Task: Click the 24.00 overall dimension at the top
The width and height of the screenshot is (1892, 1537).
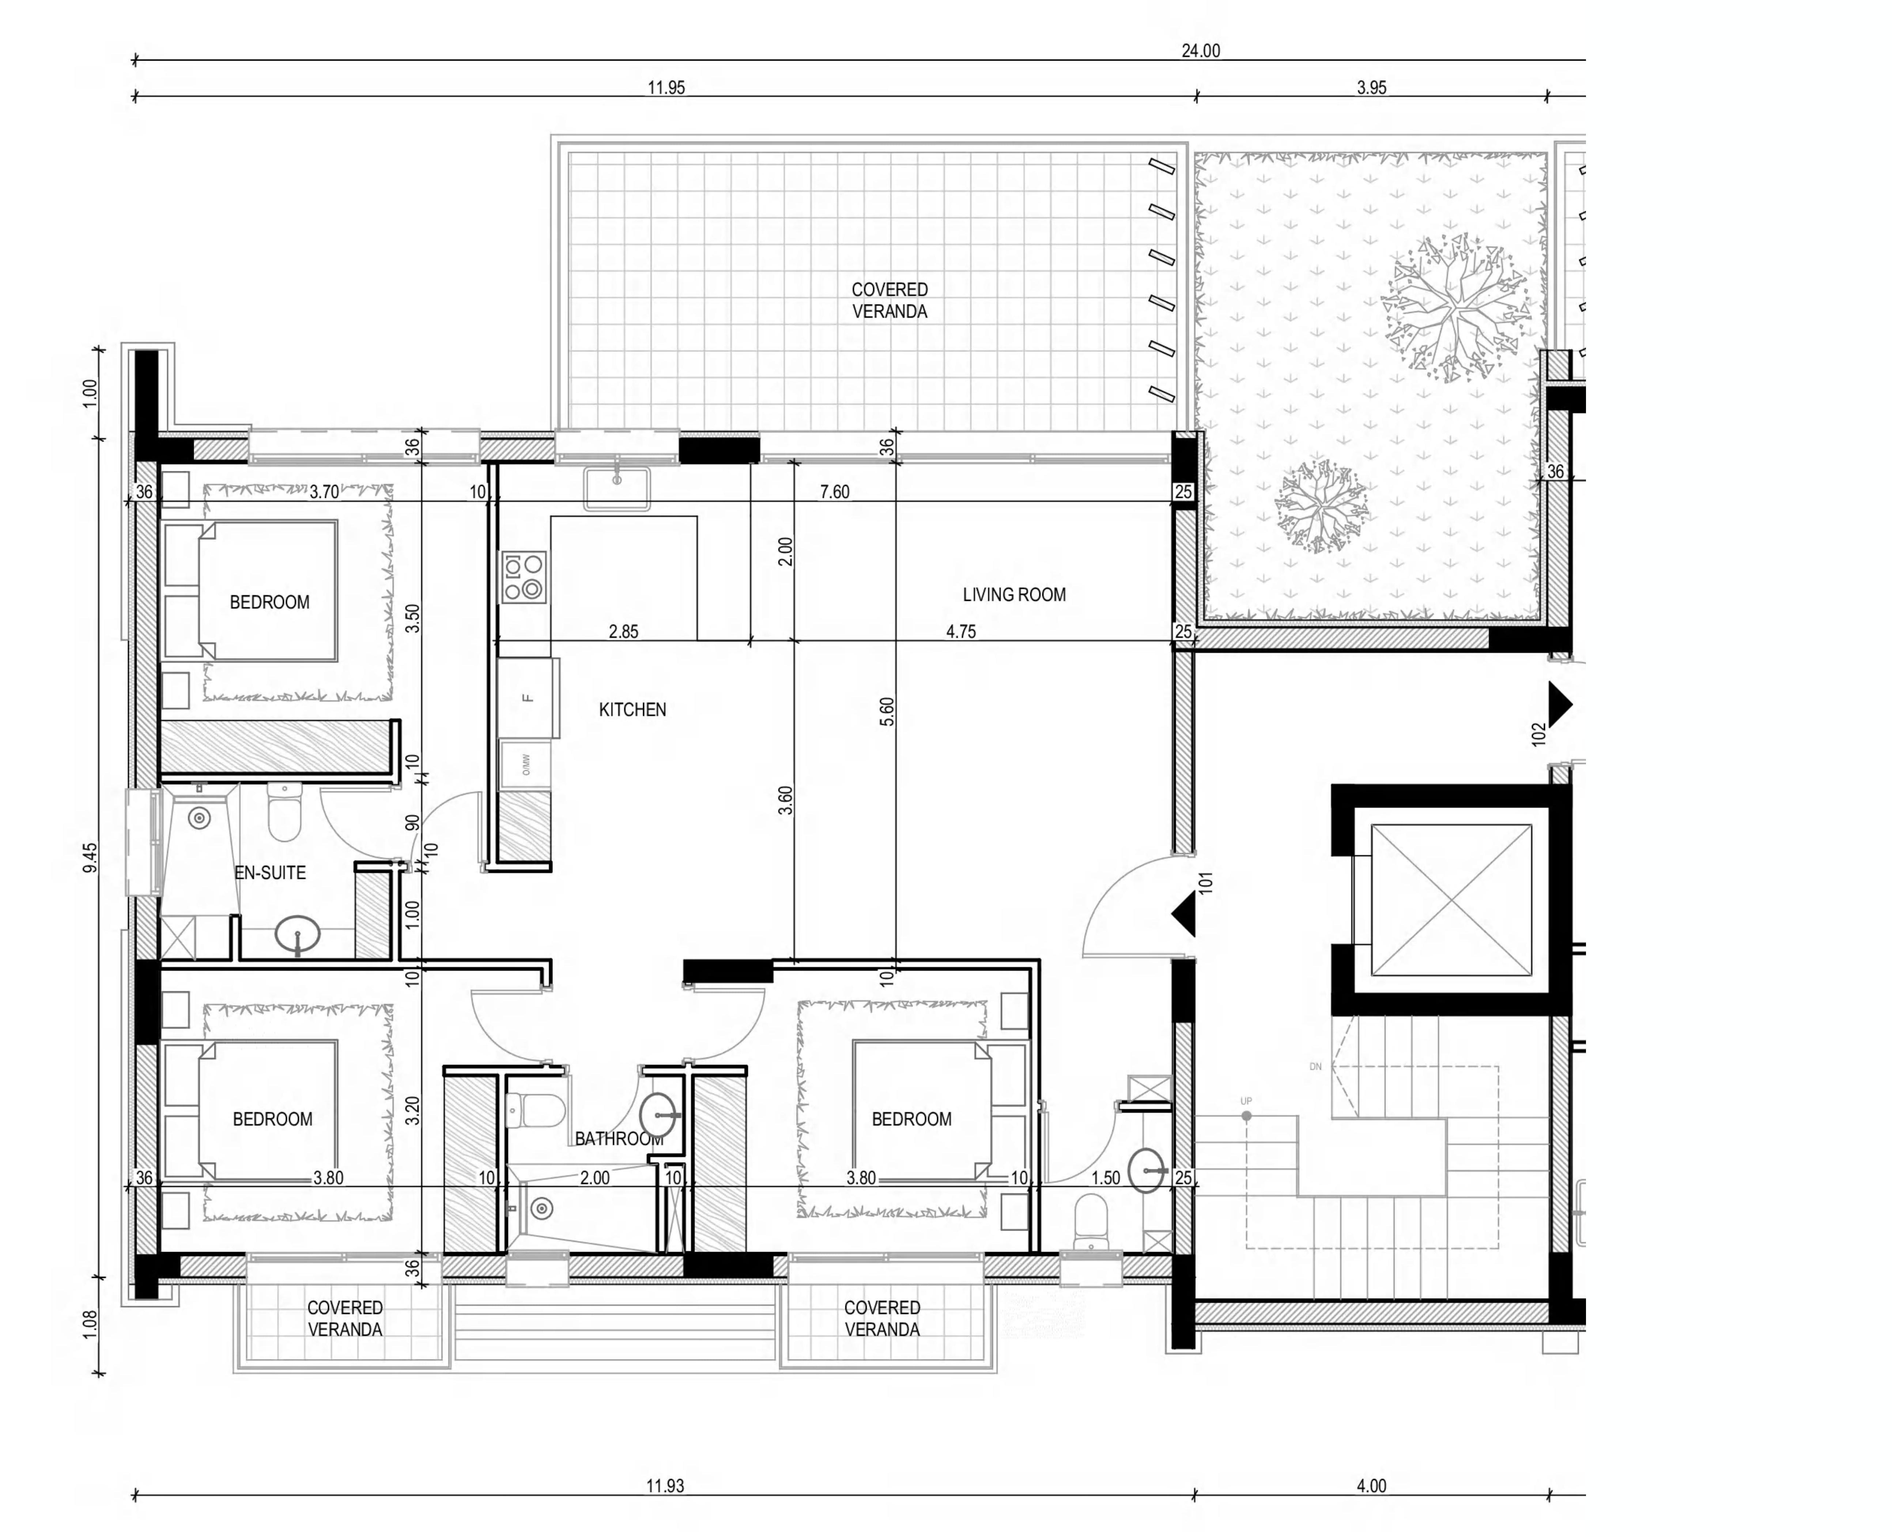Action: (x=1200, y=50)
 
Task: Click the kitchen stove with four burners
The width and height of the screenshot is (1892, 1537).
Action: (x=524, y=577)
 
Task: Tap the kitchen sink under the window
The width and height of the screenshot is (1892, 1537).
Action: (x=616, y=489)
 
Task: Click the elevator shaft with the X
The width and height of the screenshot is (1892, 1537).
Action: (x=1451, y=899)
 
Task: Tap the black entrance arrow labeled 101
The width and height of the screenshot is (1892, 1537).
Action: (x=1184, y=914)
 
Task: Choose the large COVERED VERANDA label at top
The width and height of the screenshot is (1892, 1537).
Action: (x=889, y=300)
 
